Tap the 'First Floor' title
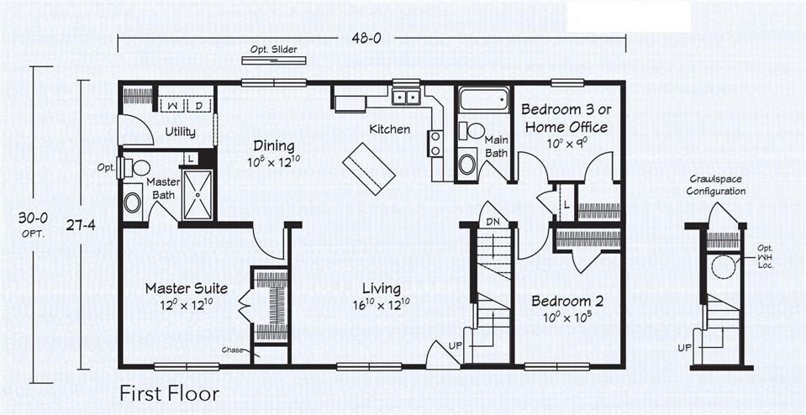click(169, 393)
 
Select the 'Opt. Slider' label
click(272, 50)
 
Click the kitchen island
click(368, 165)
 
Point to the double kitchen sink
click(406, 97)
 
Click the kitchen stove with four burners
click(435, 143)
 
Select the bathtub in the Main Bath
click(484, 100)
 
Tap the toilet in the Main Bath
click(474, 131)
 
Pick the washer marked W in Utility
click(172, 105)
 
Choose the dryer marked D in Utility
click(198, 105)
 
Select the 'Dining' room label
click(273, 146)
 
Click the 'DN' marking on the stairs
click(493, 222)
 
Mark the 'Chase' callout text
click(233, 349)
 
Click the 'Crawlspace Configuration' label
click(716, 185)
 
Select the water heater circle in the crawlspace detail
click(722, 267)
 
